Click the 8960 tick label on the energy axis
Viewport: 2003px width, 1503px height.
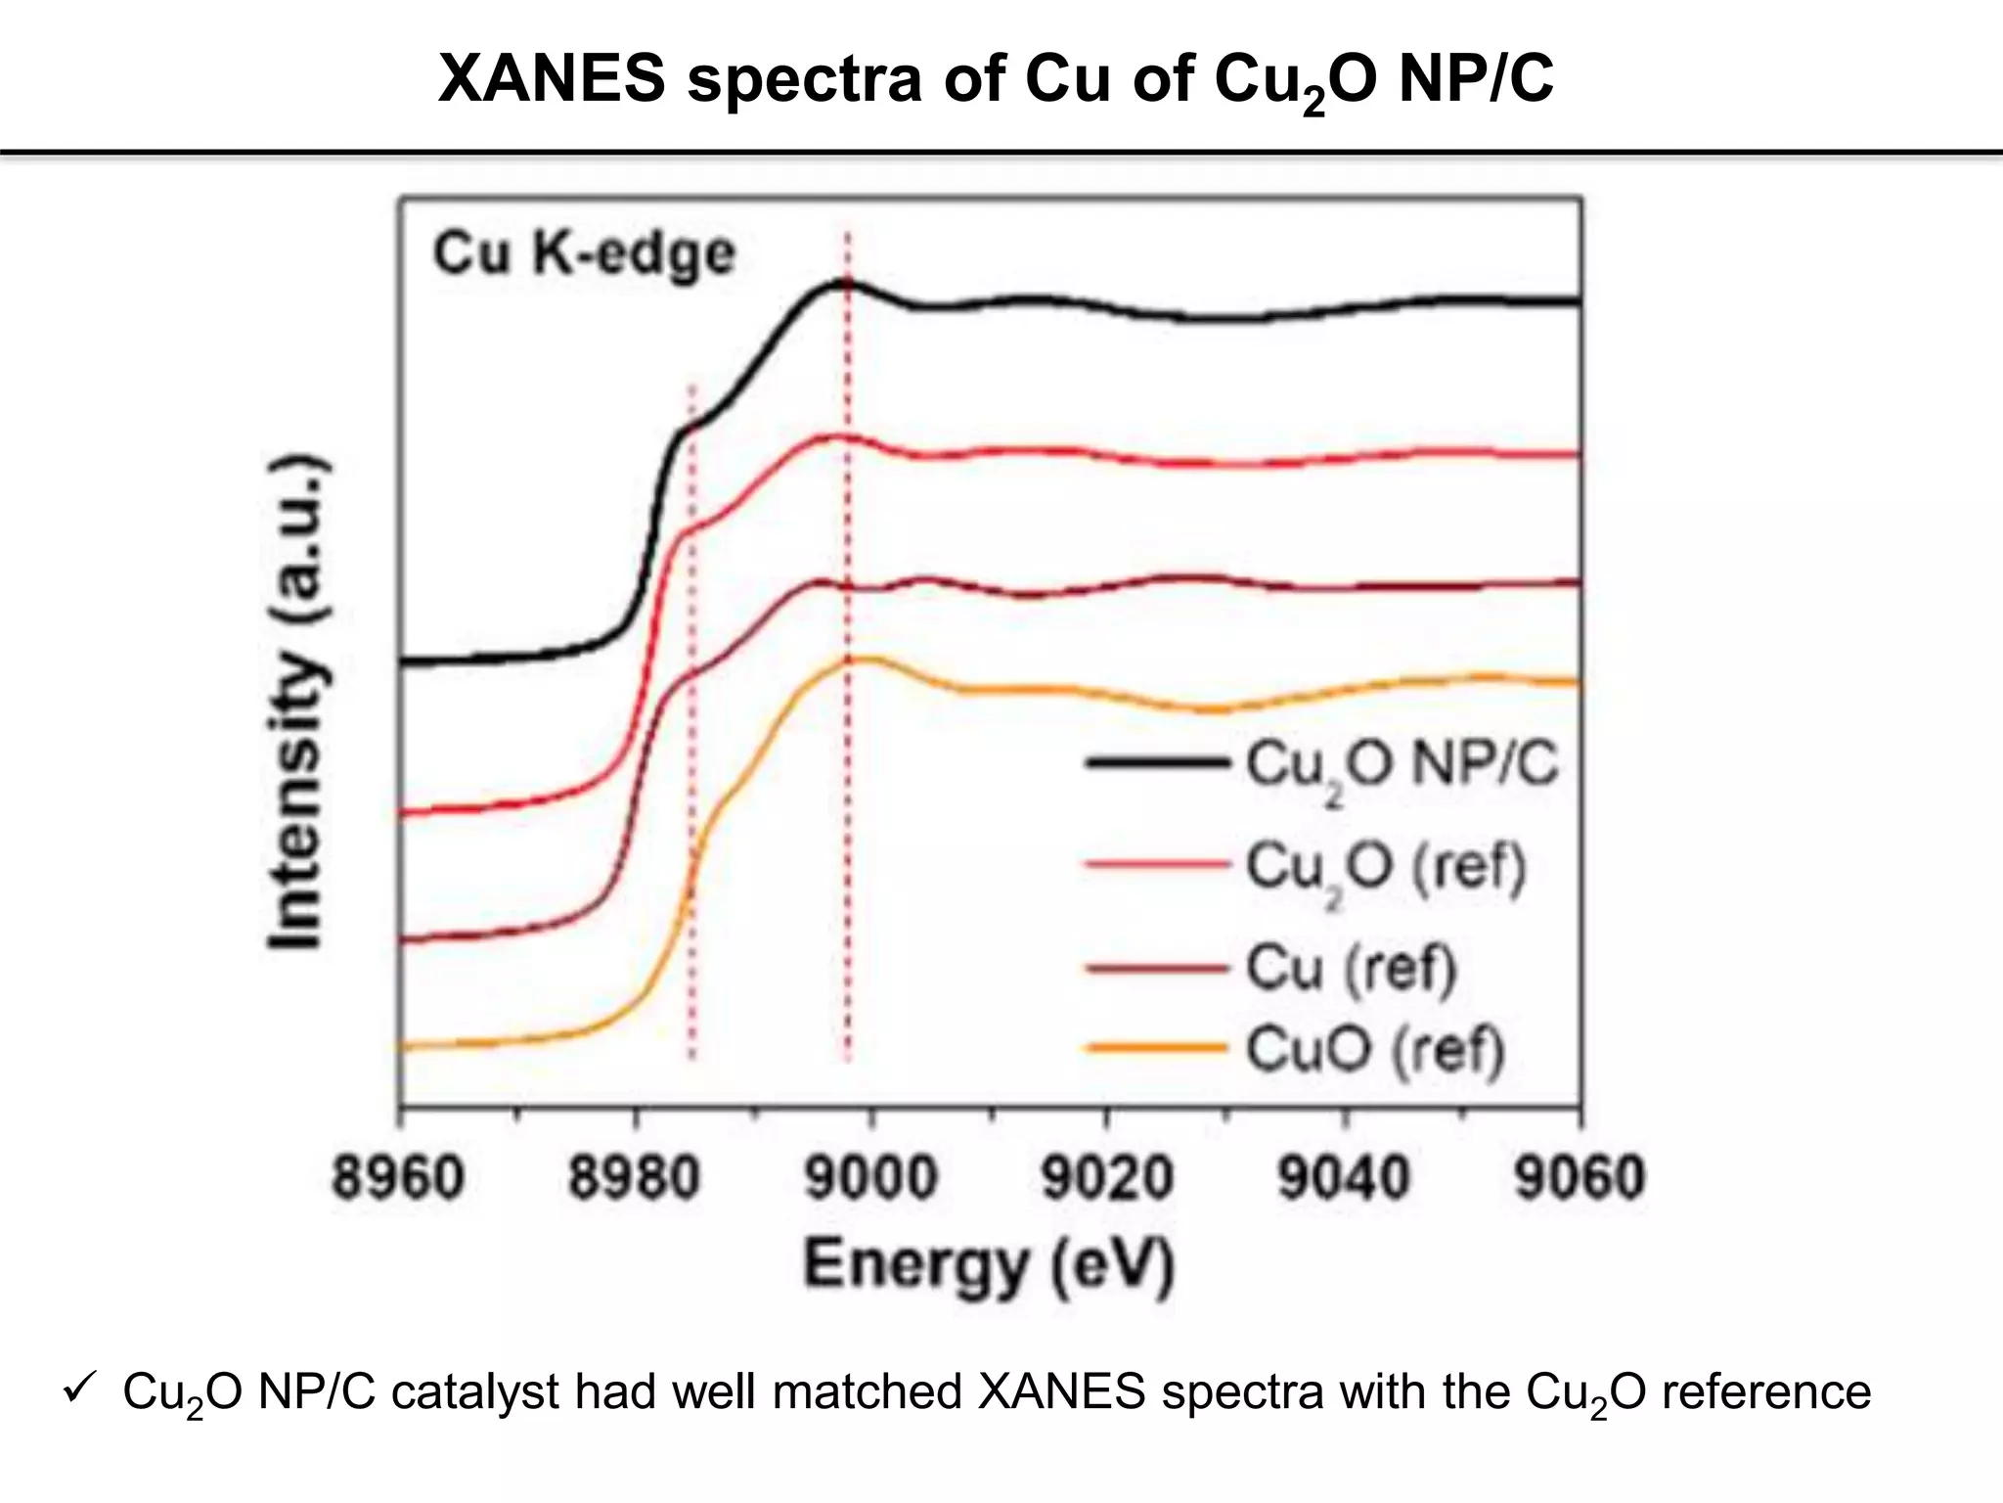[398, 1178]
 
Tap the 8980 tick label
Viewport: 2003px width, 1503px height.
[635, 1178]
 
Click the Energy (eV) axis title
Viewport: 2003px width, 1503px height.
[989, 1265]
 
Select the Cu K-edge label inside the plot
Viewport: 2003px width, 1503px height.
[584, 254]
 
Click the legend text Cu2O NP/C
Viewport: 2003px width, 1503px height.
[1402, 766]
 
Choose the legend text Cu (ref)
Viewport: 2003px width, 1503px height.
[1352, 968]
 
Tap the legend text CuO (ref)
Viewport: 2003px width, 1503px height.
[1374, 1050]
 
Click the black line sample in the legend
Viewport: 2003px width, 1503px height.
[1157, 762]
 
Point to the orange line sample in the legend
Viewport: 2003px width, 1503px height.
[1157, 1048]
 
